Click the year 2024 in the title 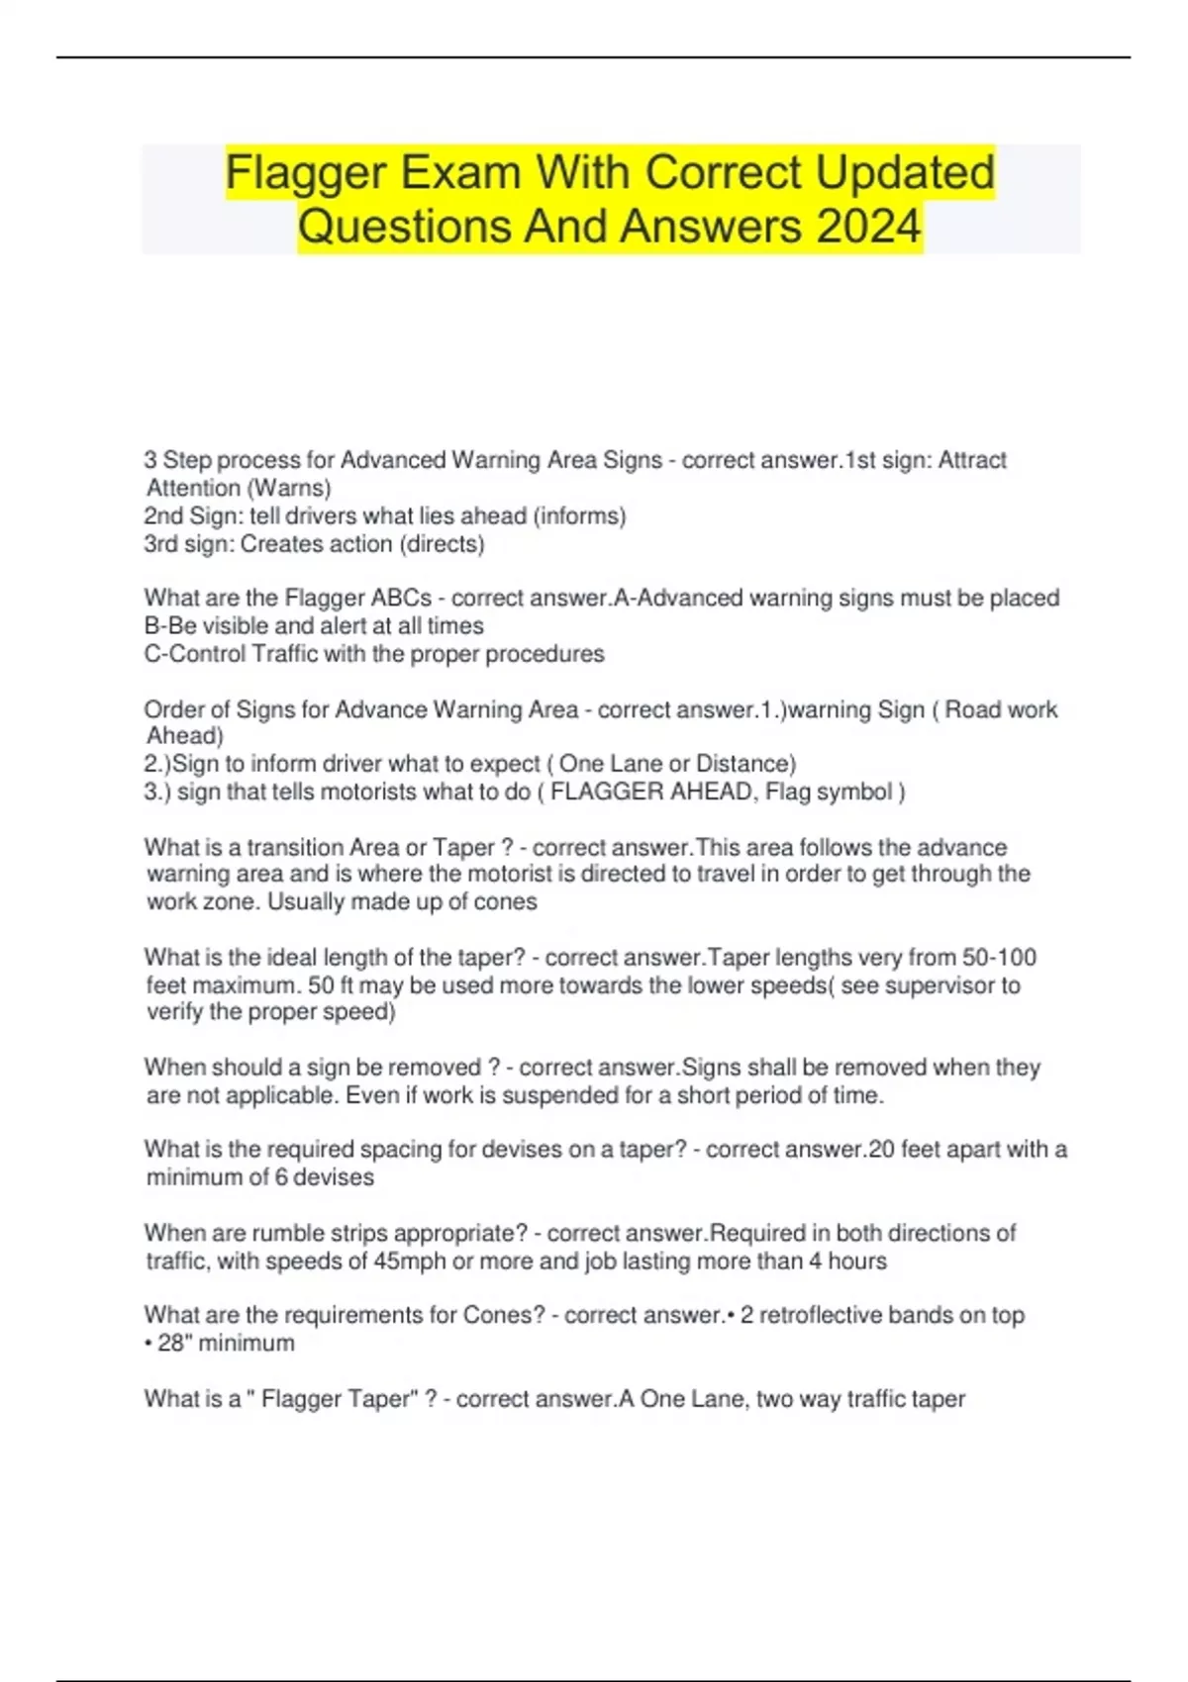click(x=868, y=226)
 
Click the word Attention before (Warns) click(x=193, y=488)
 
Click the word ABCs click(x=401, y=598)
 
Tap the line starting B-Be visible click(x=314, y=625)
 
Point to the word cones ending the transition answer click(x=506, y=901)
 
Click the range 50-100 click(x=999, y=957)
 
